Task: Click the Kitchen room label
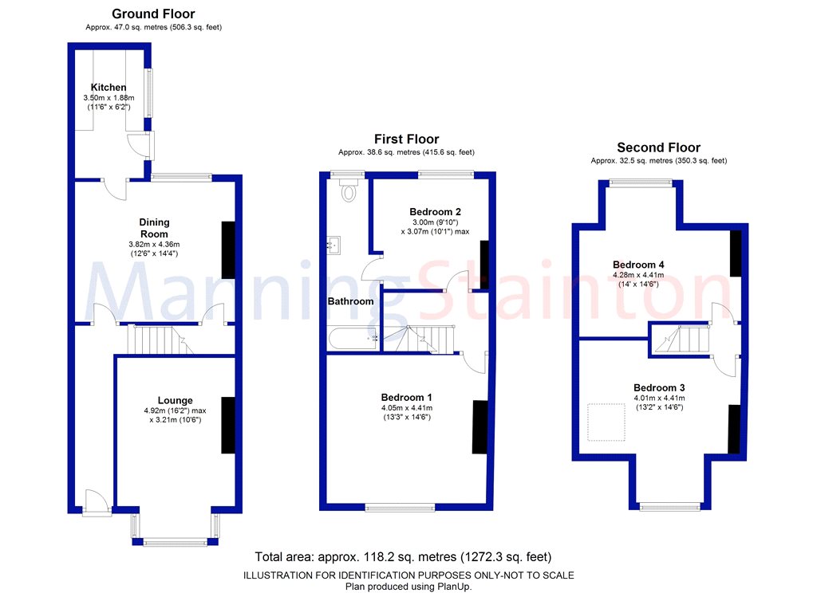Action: tap(109, 87)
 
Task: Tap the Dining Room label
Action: tap(154, 228)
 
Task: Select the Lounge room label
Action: tap(175, 400)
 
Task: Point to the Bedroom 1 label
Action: tap(406, 398)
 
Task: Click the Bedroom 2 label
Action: tap(435, 211)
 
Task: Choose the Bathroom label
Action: tap(351, 301)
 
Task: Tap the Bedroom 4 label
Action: tap(638, 265)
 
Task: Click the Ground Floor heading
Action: tap(153, 14)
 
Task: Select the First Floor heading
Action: tap(406, 139)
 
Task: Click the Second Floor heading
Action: tap(658, 147)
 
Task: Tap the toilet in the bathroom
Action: tap(349, 191)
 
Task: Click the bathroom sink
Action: tap(334, 245)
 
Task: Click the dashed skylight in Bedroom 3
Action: tap(606, 422)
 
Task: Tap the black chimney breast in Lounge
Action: tap(228, 425)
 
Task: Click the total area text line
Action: tap(403, 556)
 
